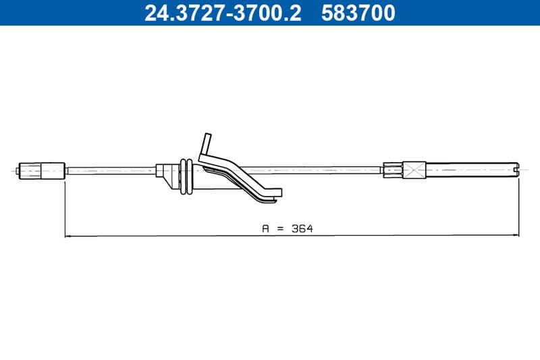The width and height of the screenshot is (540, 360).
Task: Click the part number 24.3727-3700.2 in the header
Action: [x=223, y=13]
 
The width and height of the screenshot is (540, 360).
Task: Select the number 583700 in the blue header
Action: [x=358, y=13]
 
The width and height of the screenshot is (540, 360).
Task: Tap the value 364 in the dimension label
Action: [x=302, y=229]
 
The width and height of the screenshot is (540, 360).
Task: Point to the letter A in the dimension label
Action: [x=265, y=229]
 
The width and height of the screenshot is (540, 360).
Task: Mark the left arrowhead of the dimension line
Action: [x=68, y=236]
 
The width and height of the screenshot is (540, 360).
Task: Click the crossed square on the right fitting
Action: [x=414, y=170]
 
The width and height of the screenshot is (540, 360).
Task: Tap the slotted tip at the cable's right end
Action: [x=515, y=168]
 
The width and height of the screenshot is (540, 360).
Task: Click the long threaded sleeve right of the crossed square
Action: [x=469, y=170]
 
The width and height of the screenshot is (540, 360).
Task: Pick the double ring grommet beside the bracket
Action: [x=186, y=177]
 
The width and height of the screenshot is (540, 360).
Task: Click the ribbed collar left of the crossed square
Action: [x=392, y=170]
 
